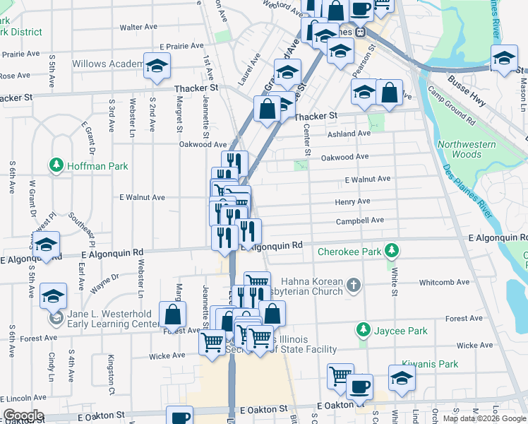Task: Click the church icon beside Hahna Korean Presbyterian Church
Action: [x=354, y=285]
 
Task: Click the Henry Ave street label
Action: [x=352, y=201]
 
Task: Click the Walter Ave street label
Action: [x=138, y=28]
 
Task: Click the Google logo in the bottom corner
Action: [x=23, y=416]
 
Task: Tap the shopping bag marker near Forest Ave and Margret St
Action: [x=172, y=315]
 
